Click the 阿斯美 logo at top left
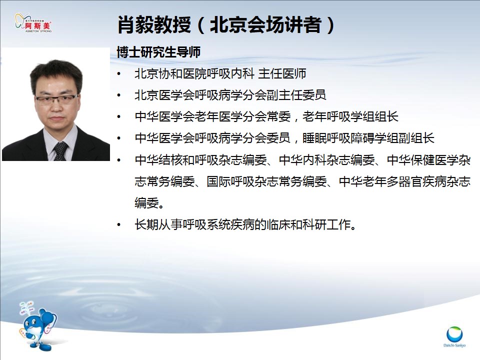[x=33, y=22]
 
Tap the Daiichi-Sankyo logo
[x=454, y=336]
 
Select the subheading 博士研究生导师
[x=158, y=52]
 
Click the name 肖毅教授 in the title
[x=154, y=25]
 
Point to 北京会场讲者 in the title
[x=265, y=25]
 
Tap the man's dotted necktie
[x=60, y=151]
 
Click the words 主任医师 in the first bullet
[x=282, y=74]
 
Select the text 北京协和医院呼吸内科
[x=194, y=74]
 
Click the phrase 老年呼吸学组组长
[x=350, y=116]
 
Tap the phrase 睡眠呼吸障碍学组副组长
[x=368, y=138]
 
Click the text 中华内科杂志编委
[x=326, y=160]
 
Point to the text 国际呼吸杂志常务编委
[x=266, y=181]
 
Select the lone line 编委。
[x=149, y=203]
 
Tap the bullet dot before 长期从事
[x=119, y=225]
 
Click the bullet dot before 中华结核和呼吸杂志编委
[x=119, y=160]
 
